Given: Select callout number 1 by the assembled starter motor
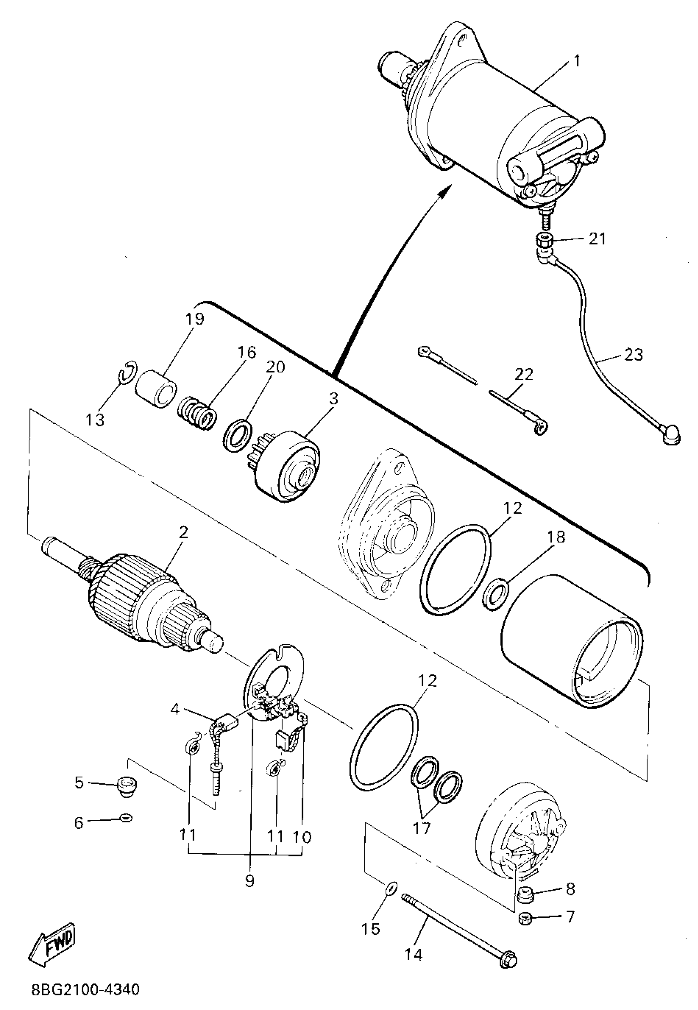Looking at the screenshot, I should (x=577, y=61).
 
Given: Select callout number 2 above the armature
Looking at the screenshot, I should (x=183, y=532).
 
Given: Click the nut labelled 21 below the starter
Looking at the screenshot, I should (x=544, y=241).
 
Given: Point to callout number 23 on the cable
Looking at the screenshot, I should (x=634, y=354).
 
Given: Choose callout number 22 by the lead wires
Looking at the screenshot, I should (x=524, y=374).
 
